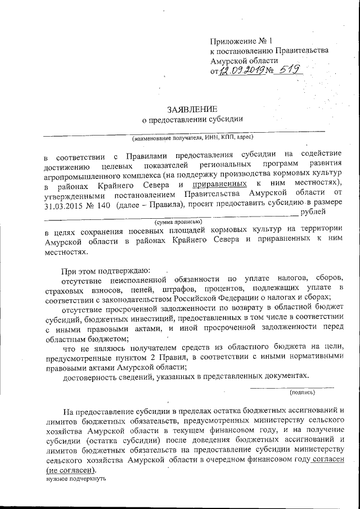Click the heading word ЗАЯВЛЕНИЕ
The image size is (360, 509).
191,108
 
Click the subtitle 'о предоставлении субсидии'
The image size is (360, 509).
191,119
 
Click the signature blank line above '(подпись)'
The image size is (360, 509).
291,387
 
